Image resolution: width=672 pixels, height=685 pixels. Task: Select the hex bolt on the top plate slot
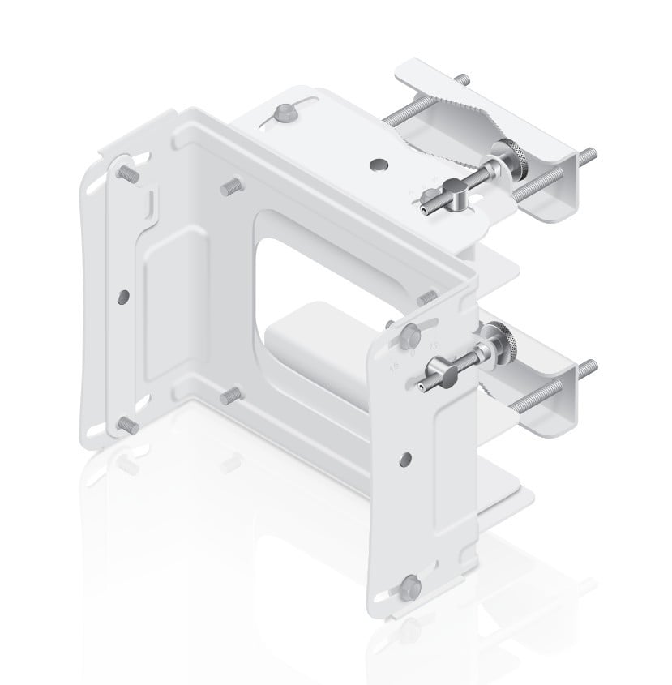tap(285, 112)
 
